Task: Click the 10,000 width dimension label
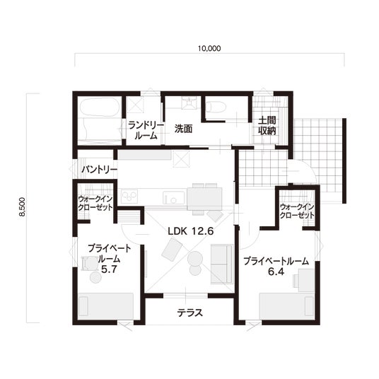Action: tap(209, 49)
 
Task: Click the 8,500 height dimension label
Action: tap(23, 206)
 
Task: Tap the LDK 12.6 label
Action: tap(191, 231)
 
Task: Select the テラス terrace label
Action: tap(190, 313)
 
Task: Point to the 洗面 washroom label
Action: tap(183, 129)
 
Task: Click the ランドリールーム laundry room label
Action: tap(146, 131)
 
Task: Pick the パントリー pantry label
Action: tap(99, 170)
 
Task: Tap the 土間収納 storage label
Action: tap(267, 126)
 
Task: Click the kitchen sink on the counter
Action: tap(173, 197)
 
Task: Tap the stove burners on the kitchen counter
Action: tap(129, 197)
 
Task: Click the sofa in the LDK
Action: tap(221, 264)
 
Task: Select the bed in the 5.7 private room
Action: tap(106, 307)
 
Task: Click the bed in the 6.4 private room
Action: tap(287, 306)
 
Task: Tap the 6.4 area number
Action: tap(276, 272)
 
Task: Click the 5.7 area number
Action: tap(109, 269)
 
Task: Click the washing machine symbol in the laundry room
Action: tap(135, 105)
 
